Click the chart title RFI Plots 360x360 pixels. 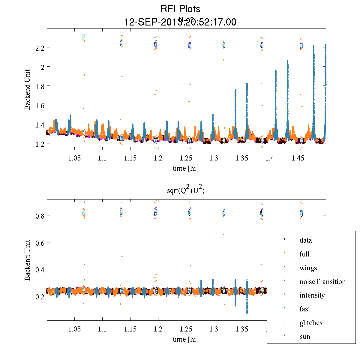pos(180,9)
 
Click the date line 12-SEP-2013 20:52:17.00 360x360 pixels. pos(180,22)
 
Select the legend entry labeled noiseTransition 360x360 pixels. pos(322,282)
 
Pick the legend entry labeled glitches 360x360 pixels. pos(311,323)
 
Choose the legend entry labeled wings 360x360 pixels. pos(308,268)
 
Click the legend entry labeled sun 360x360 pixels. pos(305,337)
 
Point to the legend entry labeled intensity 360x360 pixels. pos(312,295)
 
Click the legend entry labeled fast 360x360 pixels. pos(305,309)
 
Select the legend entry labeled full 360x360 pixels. pos(304,254)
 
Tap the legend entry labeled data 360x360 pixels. pos(305,240)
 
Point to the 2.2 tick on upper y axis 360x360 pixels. pos(39,48)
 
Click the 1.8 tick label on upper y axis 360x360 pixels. pos(39,86)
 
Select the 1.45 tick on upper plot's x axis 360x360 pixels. pos(298,158)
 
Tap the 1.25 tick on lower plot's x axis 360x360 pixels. pos(186,329)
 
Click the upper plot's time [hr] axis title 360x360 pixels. pos(186,168)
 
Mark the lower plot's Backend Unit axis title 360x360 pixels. pos(28,260)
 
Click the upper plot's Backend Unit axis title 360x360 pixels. pos(28,89)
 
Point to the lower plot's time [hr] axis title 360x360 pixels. pos(186,339)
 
